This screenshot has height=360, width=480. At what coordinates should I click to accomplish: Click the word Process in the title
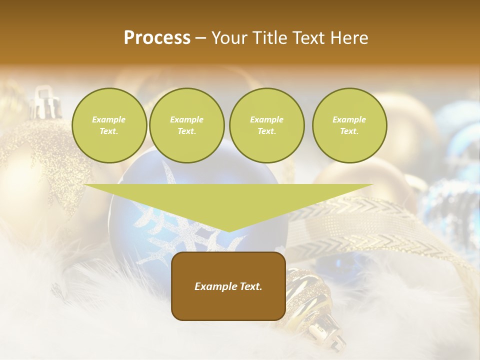tap(157, 38)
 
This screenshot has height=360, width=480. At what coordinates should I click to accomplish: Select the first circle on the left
tap(109, 125)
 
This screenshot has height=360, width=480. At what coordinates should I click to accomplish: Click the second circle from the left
tap(186, 125)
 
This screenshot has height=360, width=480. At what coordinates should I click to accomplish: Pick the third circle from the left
tap(266, 125)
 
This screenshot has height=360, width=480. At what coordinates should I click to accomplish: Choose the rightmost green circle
tap(349, 125)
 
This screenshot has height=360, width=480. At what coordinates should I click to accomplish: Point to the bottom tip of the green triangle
tap(228, 230)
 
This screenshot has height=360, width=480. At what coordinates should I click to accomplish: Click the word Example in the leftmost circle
tap(109, 120)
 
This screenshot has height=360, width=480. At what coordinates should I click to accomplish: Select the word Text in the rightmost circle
tap(349, 131)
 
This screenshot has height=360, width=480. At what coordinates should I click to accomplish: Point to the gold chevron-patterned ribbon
tap(350, 220)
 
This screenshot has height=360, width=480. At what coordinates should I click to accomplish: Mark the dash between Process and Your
tap(201, 38)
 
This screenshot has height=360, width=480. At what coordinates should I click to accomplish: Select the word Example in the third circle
tap(266, 120)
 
